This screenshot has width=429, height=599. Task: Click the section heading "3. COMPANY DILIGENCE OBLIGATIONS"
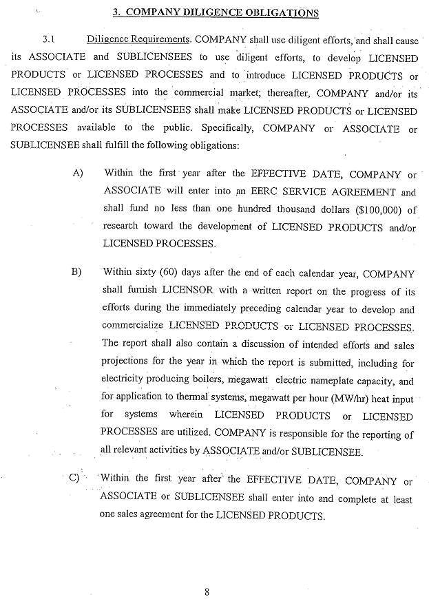click(215, 12)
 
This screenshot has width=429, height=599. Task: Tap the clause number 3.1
click(48, 39)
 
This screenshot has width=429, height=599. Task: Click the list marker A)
click(78, 173)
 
